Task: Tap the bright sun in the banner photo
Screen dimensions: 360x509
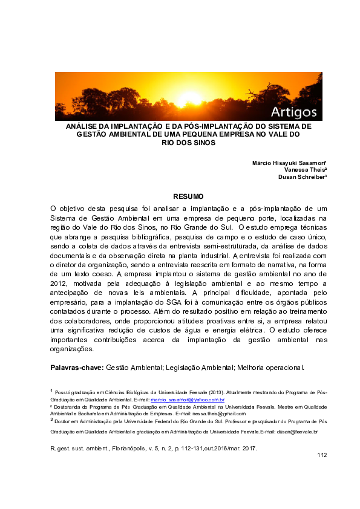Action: pos(189,97)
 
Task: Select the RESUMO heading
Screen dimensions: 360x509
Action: pos(188,196)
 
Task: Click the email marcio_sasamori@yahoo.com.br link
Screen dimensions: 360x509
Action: pos(188,400)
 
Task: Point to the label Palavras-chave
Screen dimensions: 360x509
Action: pos(77,368)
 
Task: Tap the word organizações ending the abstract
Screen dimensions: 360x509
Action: pos(72,349)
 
